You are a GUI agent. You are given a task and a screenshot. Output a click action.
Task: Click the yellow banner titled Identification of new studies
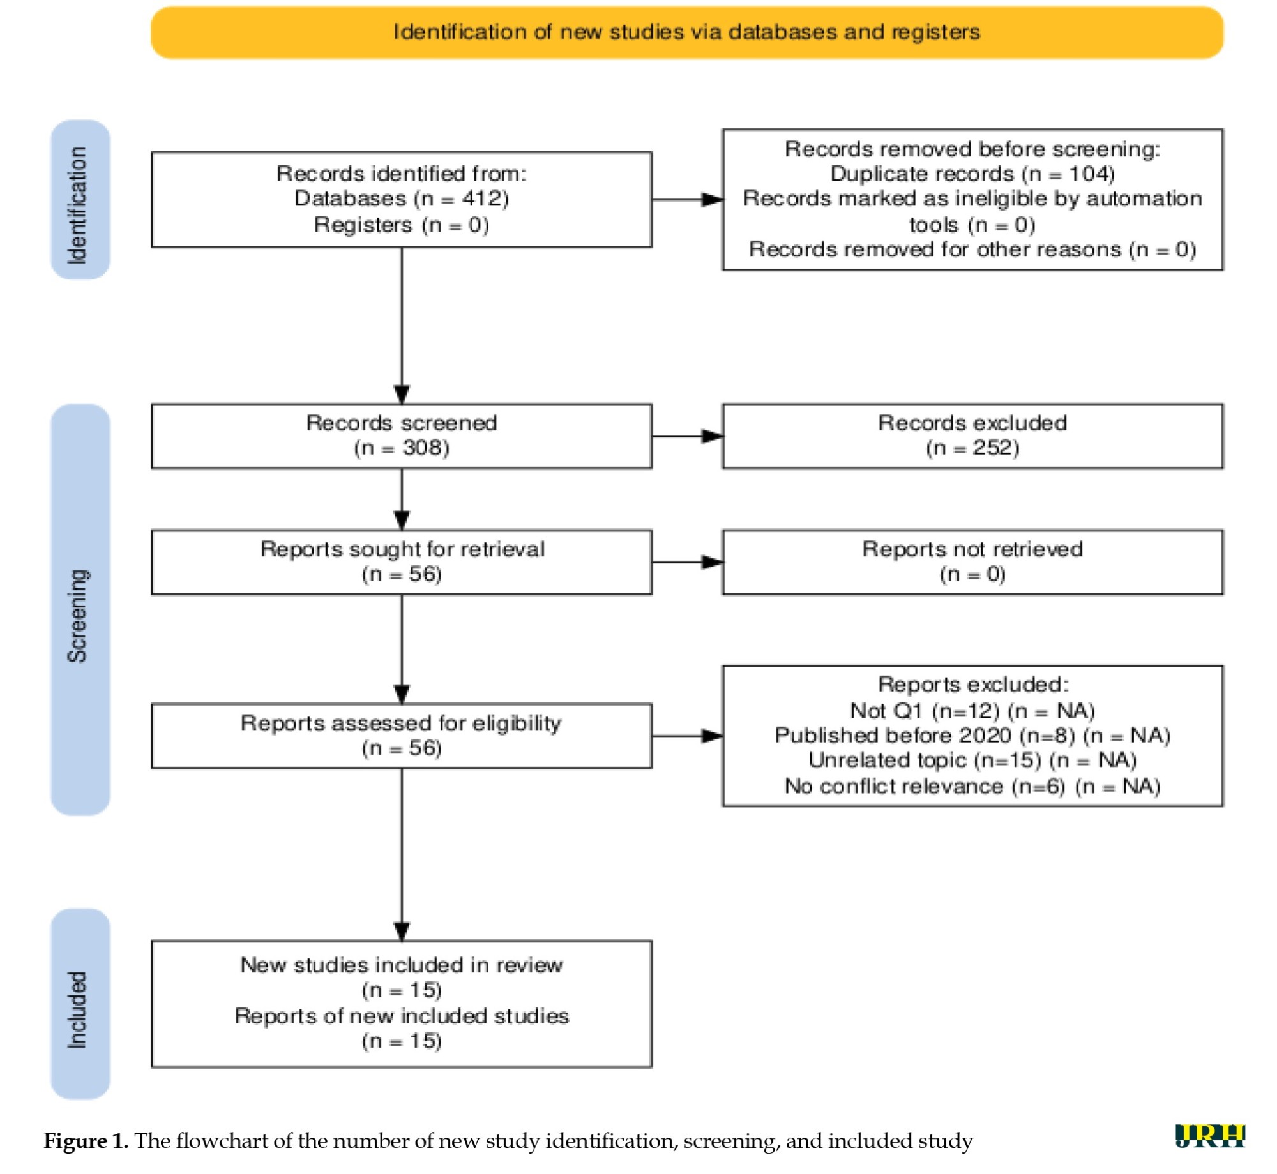click(x=686, y=33)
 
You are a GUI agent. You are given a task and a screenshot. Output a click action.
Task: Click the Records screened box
click(x=402, y=436)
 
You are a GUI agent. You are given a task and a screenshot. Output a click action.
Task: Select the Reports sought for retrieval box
click(x=402, y=562)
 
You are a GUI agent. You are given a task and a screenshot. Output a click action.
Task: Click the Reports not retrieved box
click(x=972, y=562)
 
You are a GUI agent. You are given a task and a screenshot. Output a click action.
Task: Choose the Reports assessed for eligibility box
click(x=402, y=736)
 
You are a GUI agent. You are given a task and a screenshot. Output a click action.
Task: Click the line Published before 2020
click(x=972, y=735)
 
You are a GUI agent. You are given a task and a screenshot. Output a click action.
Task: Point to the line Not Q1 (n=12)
click(x=972, y=710)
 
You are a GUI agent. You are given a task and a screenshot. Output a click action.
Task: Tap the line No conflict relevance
click(x=972, y=785)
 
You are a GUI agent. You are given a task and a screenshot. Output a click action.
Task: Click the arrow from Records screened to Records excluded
click(x=687, y=436)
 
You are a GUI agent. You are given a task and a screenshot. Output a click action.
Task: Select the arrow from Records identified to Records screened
click(x=402, y=325)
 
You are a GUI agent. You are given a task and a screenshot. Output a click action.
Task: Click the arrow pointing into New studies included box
click(x=402, y=854)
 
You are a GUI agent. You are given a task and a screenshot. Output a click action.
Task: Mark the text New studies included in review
click(x=402, y=965)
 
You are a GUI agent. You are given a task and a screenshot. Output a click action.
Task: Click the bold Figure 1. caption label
click(x=86, y=1140)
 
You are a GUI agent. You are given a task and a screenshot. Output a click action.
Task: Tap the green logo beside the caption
click(x=1210, y=1136)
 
